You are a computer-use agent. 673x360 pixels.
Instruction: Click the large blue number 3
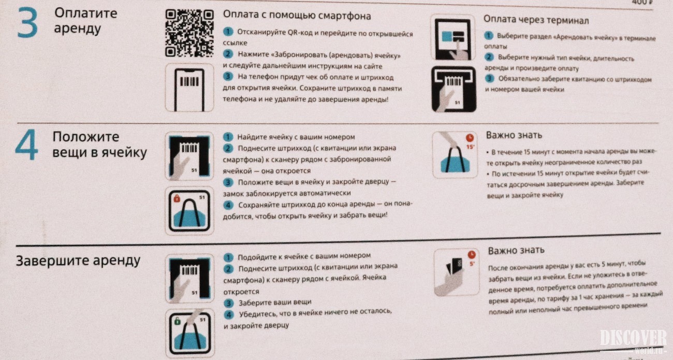(x=27, y=23)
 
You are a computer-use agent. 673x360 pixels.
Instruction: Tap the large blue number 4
(x=26, y=145)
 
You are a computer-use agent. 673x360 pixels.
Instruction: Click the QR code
(x=189, y=33)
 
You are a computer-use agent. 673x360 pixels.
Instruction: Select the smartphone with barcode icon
(x=189, y=88)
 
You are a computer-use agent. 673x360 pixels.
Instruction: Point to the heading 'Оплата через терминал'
(x=536, y=20)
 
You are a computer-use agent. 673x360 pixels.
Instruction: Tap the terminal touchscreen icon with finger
(x=453, y=38)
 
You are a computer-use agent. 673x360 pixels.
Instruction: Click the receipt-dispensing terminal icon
(x=453, y=89)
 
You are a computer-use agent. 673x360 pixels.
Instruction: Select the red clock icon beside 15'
(x=470, y=138)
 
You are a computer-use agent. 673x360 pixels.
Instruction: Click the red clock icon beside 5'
(x=472, y=255)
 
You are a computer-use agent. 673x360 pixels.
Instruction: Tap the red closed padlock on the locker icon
(x=177, y=198)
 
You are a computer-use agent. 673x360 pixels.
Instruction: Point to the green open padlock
(x=178, y=321)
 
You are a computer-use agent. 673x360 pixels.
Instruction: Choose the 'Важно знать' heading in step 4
(x=514, y=135)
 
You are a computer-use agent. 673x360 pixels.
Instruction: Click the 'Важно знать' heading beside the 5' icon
(x=516, y=250)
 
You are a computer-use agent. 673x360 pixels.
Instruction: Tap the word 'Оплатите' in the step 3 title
(x=85, y=13)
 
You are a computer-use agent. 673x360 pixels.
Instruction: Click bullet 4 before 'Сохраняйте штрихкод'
(x=228, y=205)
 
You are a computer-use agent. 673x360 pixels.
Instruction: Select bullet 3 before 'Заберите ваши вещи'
(x=229, y=303)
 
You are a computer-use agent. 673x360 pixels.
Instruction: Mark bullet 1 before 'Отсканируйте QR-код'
(x=228, y=32)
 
